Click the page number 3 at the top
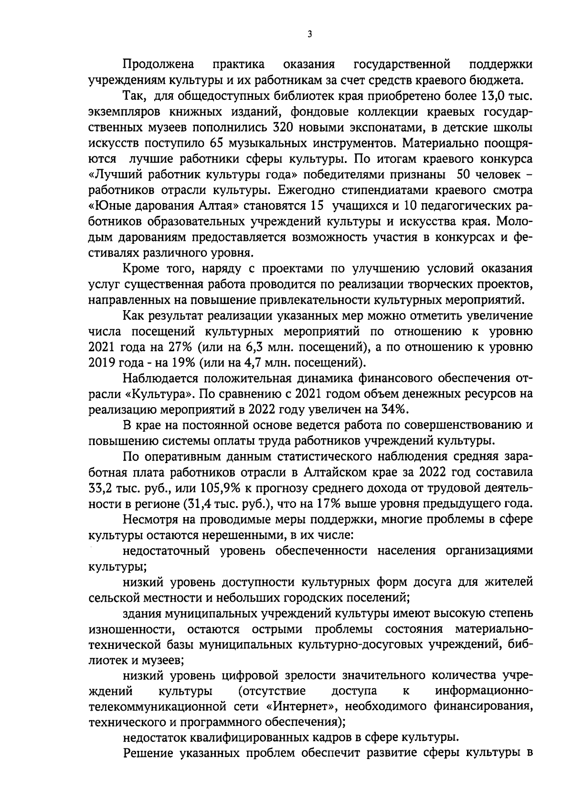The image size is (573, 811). click(x=310, y=34)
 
